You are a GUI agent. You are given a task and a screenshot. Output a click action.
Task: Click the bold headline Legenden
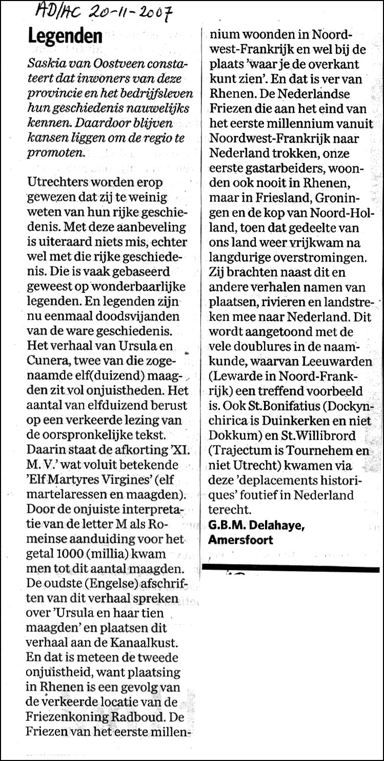65,37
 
